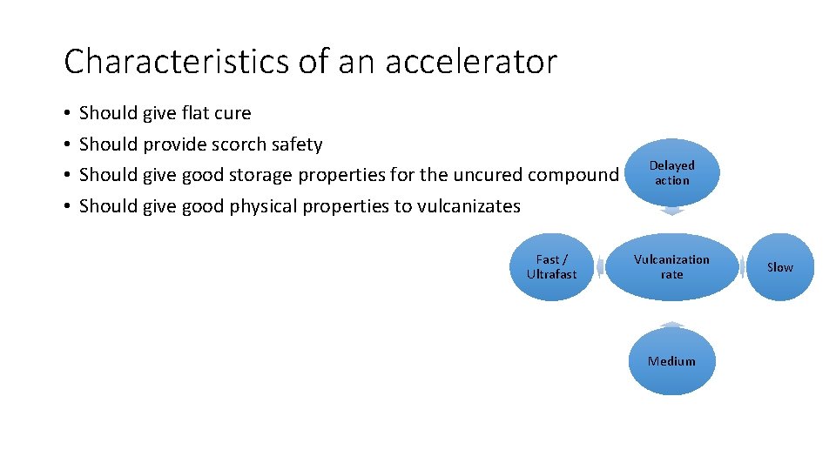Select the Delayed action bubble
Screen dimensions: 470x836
[671, 172]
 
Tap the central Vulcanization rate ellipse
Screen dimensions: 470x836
[671, 266]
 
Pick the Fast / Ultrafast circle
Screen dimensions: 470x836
[551, 266]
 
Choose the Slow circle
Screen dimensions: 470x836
[779, 267]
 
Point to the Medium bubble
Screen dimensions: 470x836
[671, 361]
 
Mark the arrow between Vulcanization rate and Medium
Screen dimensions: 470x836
[671, 324]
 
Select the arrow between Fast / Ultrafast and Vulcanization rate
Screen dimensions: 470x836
[599, 267]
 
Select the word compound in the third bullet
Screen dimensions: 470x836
[574, 175]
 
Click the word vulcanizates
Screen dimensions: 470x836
[469, 206]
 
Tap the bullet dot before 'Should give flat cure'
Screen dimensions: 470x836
[67, 114]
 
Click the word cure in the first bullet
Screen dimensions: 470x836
[233, 113]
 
